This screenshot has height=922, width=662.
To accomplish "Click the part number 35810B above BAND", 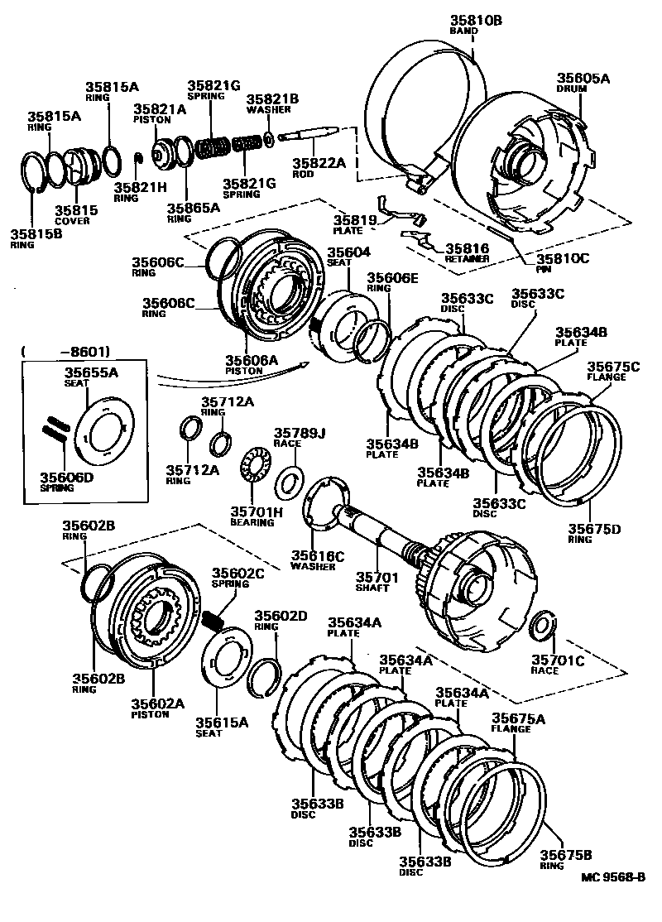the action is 476,20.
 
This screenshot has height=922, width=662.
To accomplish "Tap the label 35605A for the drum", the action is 583,78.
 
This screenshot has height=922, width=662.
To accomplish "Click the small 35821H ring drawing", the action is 139,158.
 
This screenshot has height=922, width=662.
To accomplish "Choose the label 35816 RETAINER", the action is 467,252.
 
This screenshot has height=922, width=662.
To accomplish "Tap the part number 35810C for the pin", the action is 562,258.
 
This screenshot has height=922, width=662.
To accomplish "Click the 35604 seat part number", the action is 348,252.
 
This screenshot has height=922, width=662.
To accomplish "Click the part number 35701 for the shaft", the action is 377,577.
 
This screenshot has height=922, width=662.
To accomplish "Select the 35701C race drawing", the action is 543,627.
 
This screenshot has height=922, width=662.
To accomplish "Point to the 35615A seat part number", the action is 222,722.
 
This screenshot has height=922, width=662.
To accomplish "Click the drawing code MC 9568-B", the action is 612,877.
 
